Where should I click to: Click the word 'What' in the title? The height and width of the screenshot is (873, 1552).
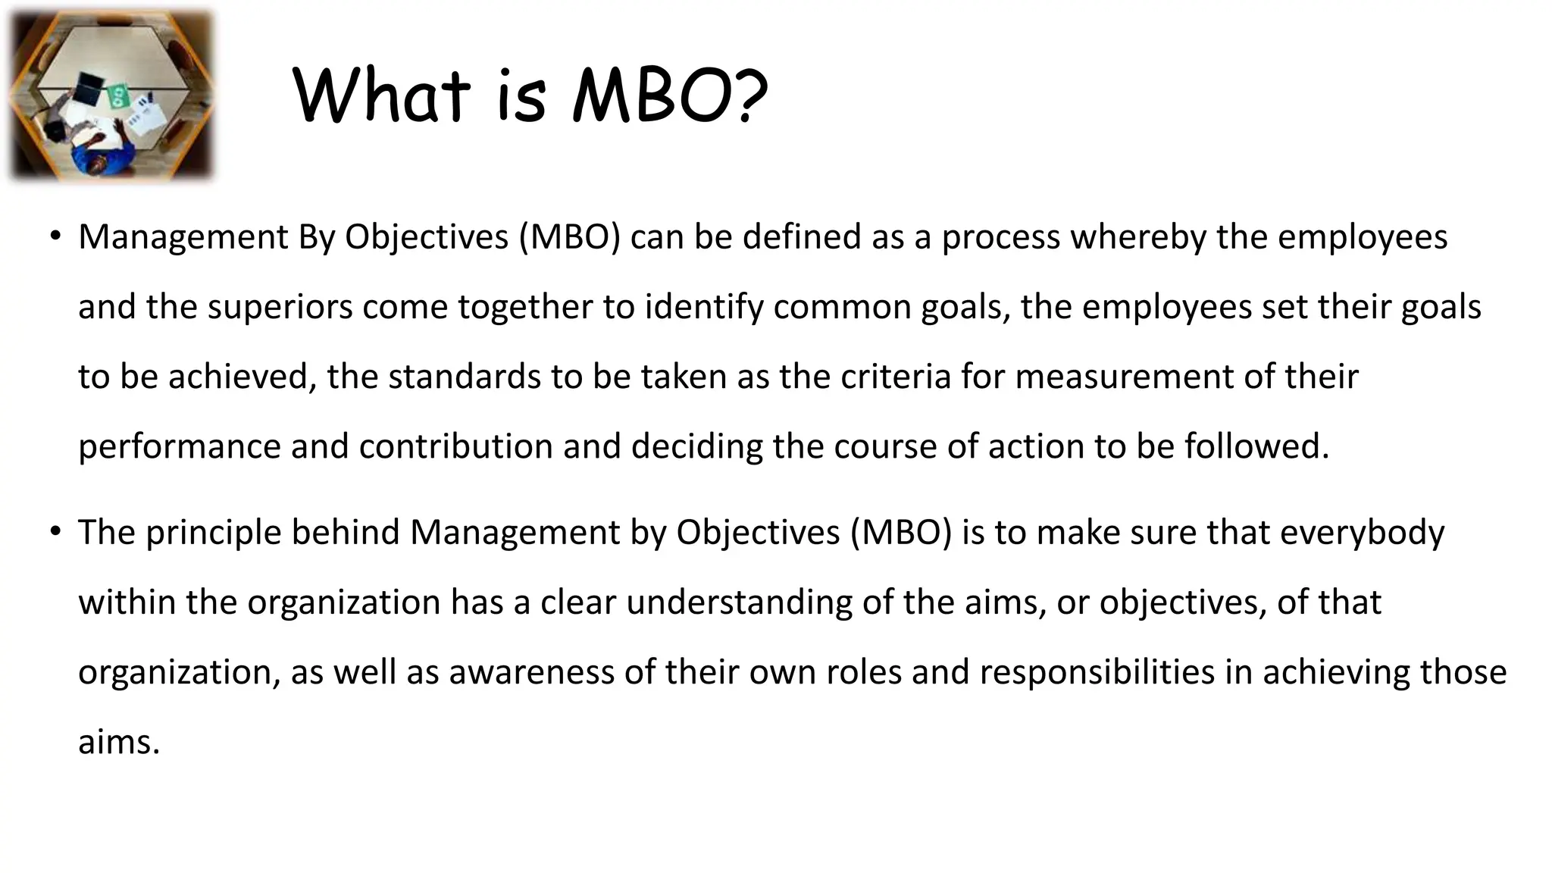[x=381, y=96]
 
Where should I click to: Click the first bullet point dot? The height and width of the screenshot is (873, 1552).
[x=55, y=236]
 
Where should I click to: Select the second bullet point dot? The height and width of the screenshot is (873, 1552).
[x=55, y=532]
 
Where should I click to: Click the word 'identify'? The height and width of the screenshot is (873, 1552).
[x=704, y=307]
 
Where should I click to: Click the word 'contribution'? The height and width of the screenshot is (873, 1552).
[x=455, y=446]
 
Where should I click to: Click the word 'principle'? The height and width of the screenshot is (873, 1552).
[x=214, y=533]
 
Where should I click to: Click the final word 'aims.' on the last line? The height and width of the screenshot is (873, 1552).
[x=119, y=742]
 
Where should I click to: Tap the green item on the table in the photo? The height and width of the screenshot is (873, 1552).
[x=119, y=95]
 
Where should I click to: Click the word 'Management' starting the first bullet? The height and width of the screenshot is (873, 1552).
[x=183, y=237]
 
